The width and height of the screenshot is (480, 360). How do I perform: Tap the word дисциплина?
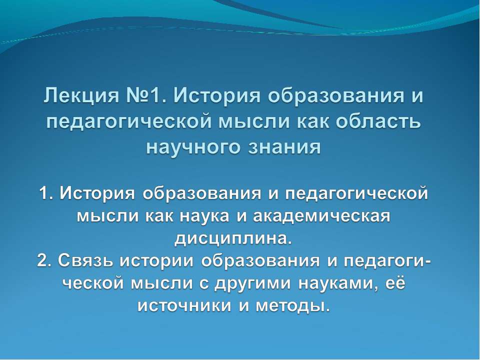[231, 239]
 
